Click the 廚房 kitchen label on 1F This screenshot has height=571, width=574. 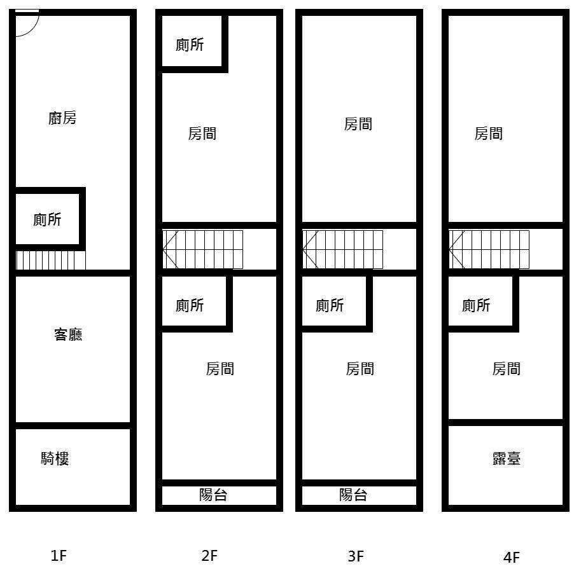(x=62, y=118)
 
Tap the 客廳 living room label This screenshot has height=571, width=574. (x=68, y=334)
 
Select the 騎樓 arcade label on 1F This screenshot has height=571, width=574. (x=55, y=458)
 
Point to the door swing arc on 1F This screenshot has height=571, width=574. (x=32, y=29)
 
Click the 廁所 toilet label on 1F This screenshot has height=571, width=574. (x=47, y=219)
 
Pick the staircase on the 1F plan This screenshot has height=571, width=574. (x=50, y=260)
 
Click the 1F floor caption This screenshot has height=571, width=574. (x=59, y=556)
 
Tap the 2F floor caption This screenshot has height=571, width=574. (x=209, y=556)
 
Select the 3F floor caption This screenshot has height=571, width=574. (x=356, y=556)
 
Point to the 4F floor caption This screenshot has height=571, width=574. (x=512, y=558)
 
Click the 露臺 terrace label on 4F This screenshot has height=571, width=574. (x=507, y=458)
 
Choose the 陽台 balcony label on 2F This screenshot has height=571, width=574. (x=213, y=495)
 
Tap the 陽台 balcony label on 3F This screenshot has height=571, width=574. (x=353, y=495)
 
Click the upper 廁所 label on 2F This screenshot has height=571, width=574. (x=190, y=45)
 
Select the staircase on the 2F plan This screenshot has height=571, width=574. (x=202, y=249)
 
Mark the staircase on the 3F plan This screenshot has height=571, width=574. (x=342, y=249)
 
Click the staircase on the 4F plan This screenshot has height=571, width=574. (x=489, y=249)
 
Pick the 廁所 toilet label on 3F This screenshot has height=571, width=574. (x=330, y=305)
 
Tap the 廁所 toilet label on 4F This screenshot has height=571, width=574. (x=476, y=305)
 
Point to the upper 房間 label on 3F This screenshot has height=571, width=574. (x=358, y=124)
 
